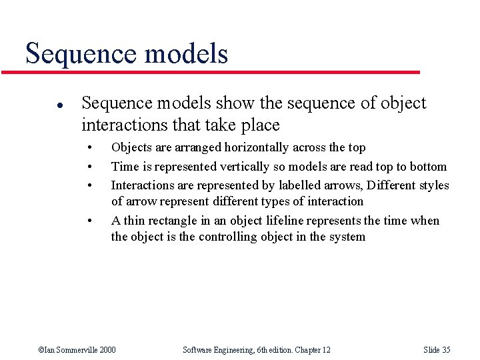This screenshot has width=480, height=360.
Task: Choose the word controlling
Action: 219,237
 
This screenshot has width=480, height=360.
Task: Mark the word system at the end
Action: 346,237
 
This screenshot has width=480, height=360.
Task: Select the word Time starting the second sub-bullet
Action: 123,167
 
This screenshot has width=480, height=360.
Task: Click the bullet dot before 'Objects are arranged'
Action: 89,147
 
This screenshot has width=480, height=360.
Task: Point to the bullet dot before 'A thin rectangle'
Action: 89,221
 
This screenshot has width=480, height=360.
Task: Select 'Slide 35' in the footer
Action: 437,350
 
